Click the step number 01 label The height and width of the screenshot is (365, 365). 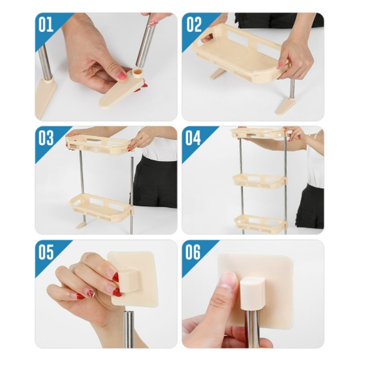click(46, 24)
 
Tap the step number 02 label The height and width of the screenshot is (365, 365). click(194, 24)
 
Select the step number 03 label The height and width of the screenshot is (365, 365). click(46, 137)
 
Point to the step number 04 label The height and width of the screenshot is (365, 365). click(193, 137)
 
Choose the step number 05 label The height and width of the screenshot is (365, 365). click(46, 252)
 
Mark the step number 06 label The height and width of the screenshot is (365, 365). click(193, 252)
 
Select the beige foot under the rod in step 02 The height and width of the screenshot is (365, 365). click(286, 106)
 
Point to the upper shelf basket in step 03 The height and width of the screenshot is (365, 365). click(99, 144)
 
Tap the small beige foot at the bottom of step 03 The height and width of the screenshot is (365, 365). click(83, 225)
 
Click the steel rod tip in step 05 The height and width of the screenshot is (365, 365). click(129, 329)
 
